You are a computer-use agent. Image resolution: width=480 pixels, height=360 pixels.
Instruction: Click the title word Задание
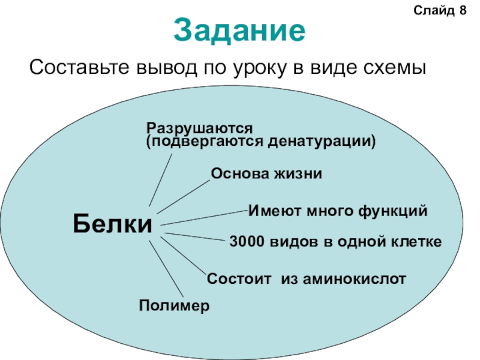click(x=240, y=30)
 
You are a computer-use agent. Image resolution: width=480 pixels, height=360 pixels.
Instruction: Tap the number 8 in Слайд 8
click(x=463, y=11)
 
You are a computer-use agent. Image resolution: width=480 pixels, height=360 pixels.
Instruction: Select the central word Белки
click(x=113, y=224)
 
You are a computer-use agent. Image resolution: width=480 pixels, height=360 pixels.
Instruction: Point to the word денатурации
click(x=322, y=141)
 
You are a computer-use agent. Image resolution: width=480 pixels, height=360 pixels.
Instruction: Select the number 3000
click(x=245, y=242)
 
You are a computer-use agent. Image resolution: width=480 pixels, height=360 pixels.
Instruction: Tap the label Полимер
click(x=175, y=305)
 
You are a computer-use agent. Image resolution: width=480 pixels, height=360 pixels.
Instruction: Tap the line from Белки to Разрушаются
click(x=161, y=180)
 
